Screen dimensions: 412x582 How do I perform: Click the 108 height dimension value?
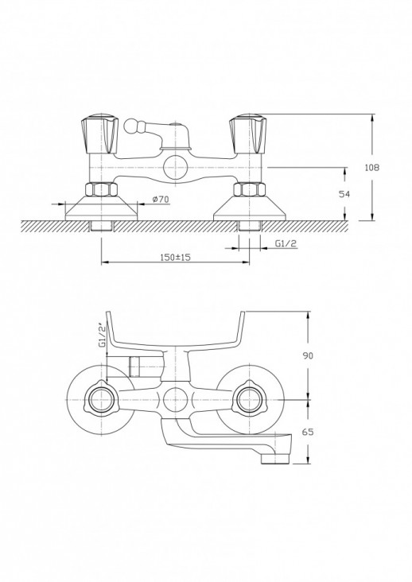[x=372, y=168]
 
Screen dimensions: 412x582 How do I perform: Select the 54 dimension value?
[x=344, y=194]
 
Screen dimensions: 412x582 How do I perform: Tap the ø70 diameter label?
[x=161, y=200]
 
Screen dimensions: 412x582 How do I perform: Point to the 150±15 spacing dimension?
[x=175, y=257]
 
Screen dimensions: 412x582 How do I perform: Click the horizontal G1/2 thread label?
[x=286, y=243]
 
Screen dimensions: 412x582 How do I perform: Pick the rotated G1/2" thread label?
[x=103, y=336]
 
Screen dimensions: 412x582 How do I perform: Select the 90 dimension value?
[x=308, y=355]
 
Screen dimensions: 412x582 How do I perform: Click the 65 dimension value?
[x=308, y=432]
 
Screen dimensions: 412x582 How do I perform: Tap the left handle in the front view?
[x=100, y=134]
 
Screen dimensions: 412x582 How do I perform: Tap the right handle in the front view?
[x=248, y=134]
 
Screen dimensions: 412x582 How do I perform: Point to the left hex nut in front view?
[x=101, y=189]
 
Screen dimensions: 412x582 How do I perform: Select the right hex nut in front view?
[x=249, y=189]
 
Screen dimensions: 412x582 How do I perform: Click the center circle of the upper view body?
[x=175, y=168]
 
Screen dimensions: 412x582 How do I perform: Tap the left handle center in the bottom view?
[x=101, y=400]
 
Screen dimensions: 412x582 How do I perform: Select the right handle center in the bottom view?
[x=249, y=400]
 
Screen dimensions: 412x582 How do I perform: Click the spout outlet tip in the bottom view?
[x=275, y=459]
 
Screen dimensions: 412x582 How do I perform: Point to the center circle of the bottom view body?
[x=175, y=400]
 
